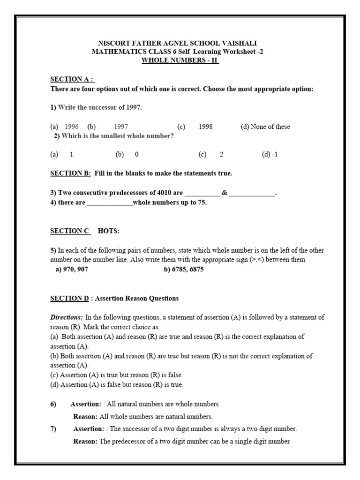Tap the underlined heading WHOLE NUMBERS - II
point(180,60)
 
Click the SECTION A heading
point(72,80)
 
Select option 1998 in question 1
point(206,127)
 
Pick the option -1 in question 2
point(270,154)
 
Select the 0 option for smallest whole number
point(136,154)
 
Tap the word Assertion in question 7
point(89,429)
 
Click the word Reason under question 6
point(85,416)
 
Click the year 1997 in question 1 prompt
point(132,107)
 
